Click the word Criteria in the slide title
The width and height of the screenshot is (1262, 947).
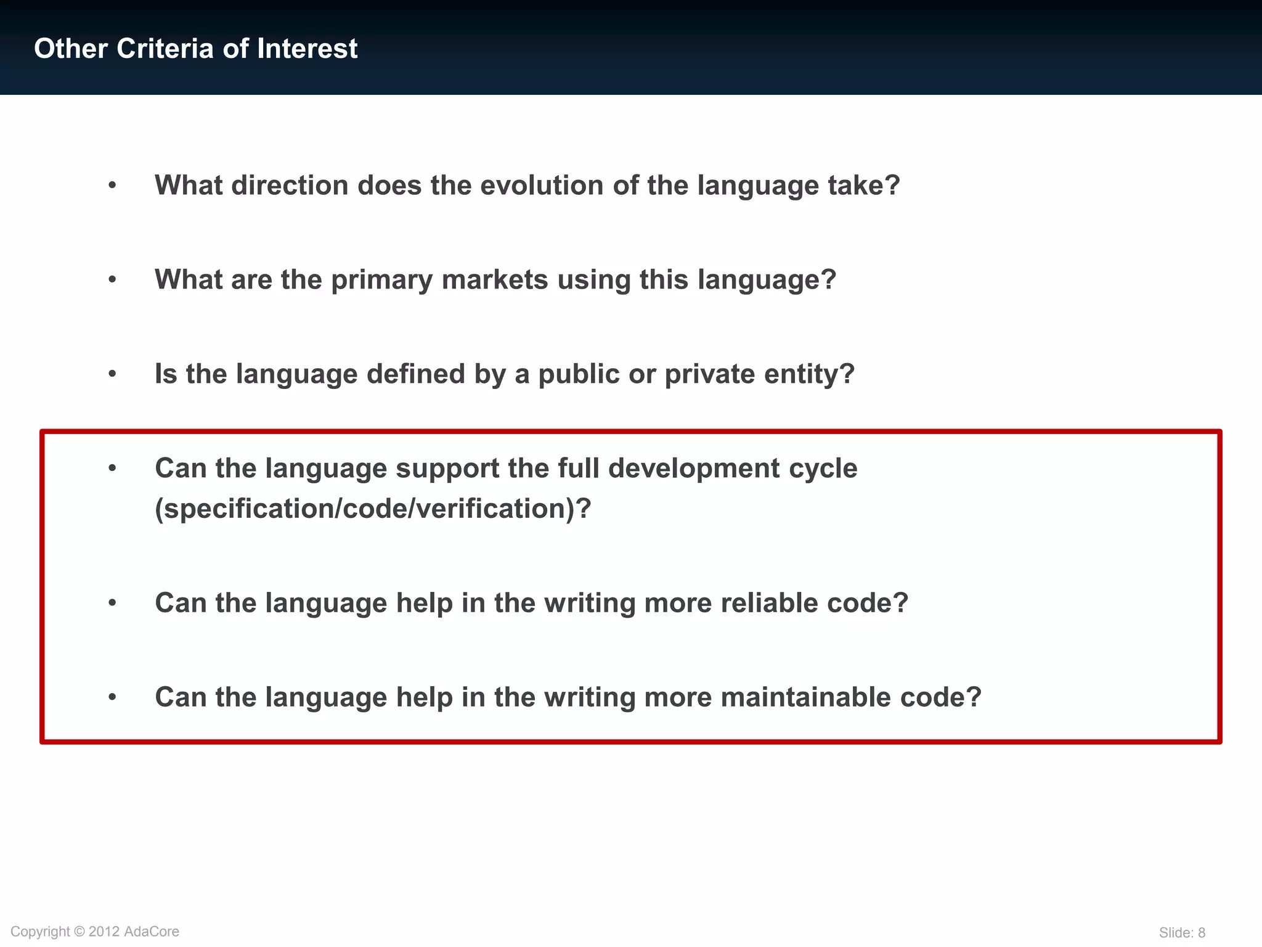point(165,49)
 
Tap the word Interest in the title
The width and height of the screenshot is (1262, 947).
point(307,49)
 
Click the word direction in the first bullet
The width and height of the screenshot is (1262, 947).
point(290,186)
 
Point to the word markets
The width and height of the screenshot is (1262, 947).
point(495,280)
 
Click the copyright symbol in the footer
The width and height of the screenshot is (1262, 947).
point(79,932)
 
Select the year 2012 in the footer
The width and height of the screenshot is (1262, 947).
point(104,932)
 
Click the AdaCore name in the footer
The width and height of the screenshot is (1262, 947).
point(152,932)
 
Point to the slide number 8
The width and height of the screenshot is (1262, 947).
point(1201,933)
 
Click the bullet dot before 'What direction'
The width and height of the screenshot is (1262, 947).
point(112,186)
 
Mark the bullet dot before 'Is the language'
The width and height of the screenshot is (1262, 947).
point(112,374)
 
